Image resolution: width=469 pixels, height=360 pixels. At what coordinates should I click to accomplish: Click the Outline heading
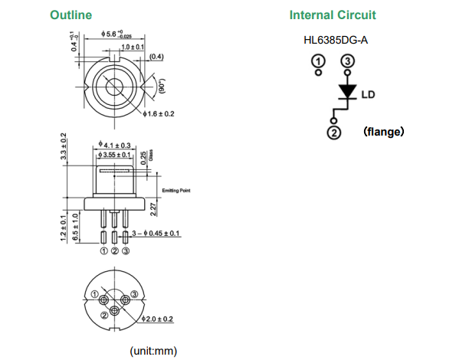click(71, 15)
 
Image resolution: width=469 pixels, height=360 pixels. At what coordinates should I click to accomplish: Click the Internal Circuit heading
click(333, 15)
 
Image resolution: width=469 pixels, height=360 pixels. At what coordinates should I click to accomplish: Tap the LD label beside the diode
click(368, 96)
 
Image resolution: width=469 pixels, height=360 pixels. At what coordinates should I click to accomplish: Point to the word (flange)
click(384, 132)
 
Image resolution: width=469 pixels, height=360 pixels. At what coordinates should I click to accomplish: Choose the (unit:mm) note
click(153, 351)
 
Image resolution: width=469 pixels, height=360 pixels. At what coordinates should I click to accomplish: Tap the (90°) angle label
click(162, 86)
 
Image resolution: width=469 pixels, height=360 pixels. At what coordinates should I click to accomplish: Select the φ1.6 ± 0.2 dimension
click(159, 113)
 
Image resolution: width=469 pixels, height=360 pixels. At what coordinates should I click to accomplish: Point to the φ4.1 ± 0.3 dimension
click(116, 145)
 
